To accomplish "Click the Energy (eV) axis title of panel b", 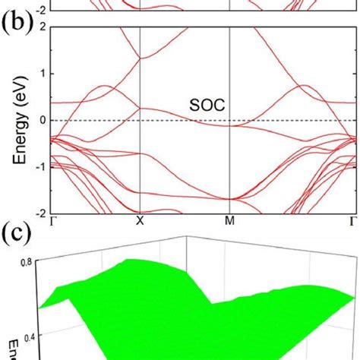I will click(x=13, y=120).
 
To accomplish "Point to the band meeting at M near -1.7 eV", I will click(x=229, y=199).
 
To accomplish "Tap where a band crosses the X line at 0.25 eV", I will click(x=141, y=109).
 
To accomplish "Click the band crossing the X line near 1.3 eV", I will click(x=141, y=58).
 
